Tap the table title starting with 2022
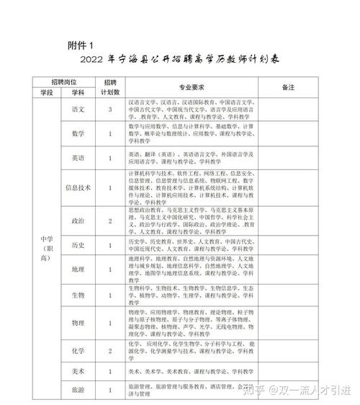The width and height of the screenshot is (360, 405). tap(179, 60)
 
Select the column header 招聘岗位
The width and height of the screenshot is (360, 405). tap(63, 81)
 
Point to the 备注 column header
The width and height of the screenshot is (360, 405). tap(289, 86)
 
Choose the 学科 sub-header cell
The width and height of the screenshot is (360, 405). tap(78, 92)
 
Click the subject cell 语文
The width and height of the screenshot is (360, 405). tap(78, 110)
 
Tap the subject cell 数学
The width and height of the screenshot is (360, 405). tap(78, 135)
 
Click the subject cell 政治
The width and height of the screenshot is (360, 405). tap(78, 221)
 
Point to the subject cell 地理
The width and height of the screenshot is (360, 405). tap(78, 269)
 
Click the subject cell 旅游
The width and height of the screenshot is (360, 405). tap(78, 390)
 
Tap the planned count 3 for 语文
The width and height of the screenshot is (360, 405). tap(109, 110)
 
